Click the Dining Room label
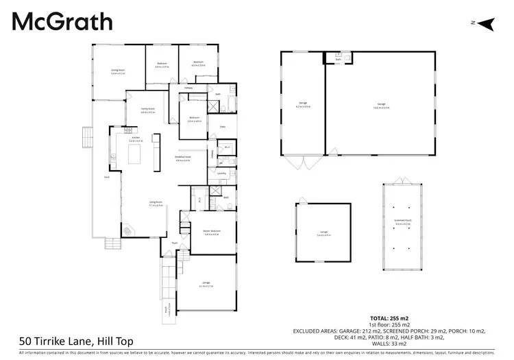(118, 71)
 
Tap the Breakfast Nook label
(182, 158)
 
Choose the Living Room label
(156, 203)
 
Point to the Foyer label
(175, 243)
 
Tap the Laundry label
(221, 173)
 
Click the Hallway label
(188, 88)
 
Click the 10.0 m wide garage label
(381, 106)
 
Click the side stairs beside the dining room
(86, 137)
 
